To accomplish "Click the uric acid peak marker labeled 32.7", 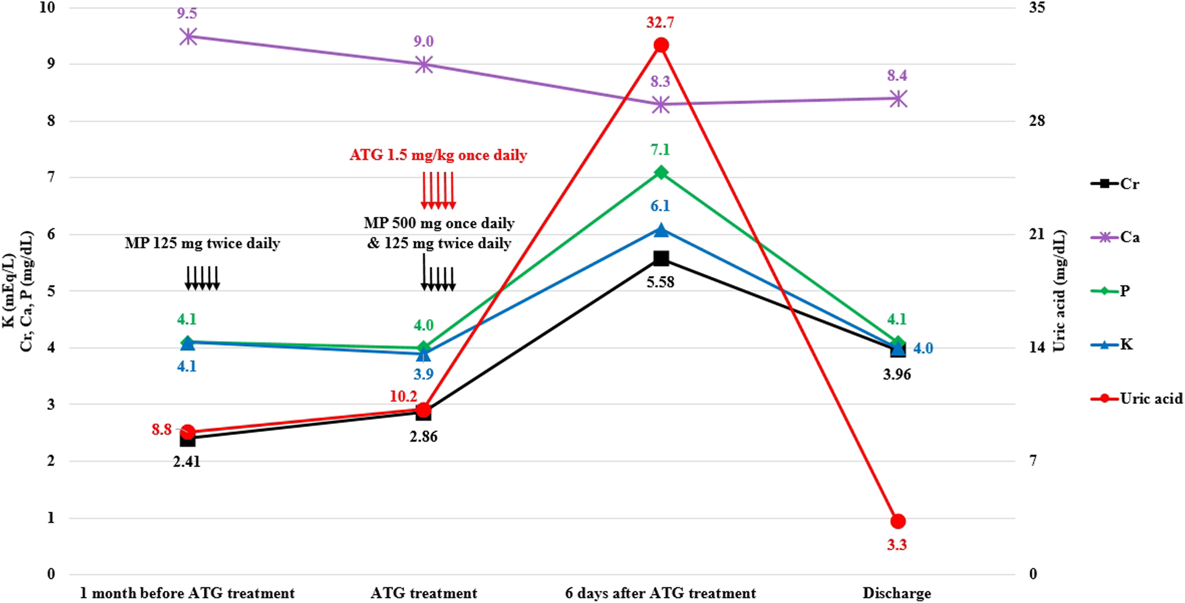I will pyautogui.click(x=661, y=45).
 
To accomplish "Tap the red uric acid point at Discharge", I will pyautogui.click(x=898, y=521).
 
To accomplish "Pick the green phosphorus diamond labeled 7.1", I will pyautogui.click(x=661, y=173).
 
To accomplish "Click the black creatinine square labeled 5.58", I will pyautogui.click(x=661, y=259).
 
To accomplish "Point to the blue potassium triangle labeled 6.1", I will pyautogui.click(x=661, y=230).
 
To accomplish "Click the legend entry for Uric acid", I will pyautogui.click(x=1136, y=398).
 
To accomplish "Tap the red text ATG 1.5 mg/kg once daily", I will pyautogui.click(x=438, y=155).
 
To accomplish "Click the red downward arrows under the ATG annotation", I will pyautogui.click(x=438, y=191).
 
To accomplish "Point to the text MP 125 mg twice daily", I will pyautogui.click(x=202, y=244).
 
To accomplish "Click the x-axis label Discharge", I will pyautogui.click(x=896, y=593).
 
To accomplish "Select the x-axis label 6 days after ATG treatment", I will pyautogui.click(x=660, y=593).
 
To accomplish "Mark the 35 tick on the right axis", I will pyautogui.click(x=1036, y=8).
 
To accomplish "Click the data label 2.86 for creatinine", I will pyautogui.click(x=423, y=437).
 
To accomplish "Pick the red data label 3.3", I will pyautogui.click(x=896, y=545).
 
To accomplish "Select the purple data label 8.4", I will pyautogui.click(x=896, y=76).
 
